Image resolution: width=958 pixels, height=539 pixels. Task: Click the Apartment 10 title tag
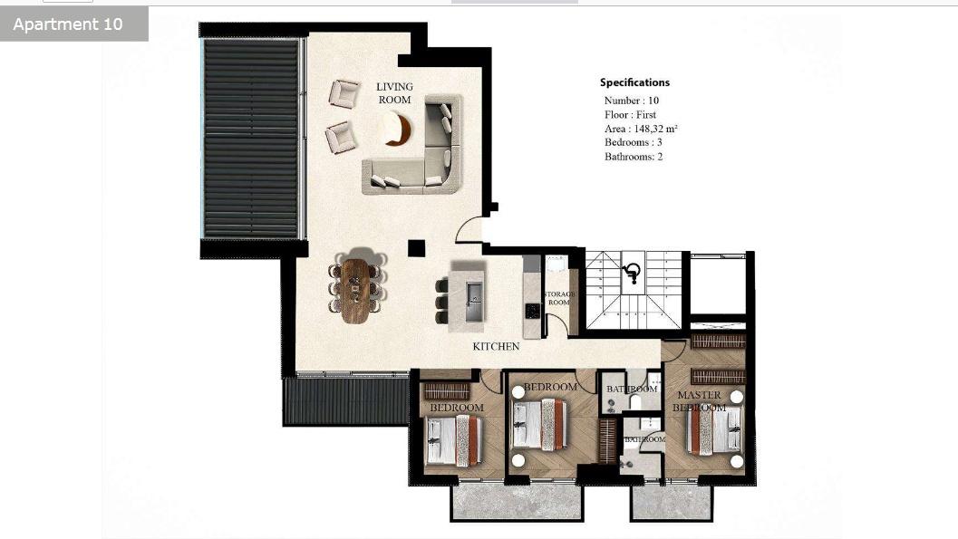click(x=69, y=24)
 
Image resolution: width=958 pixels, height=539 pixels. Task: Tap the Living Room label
click(x=394, y=93)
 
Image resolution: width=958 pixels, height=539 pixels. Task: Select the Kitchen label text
click(x=496, y=346)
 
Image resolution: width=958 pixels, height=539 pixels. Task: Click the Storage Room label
click(x=559, y=298)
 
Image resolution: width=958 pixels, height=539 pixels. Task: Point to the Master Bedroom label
click(x=700, y=401)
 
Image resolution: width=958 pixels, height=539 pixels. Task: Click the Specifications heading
click(x=634, y=82)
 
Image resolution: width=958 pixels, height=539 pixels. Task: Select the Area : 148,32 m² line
click(x=641, y=129)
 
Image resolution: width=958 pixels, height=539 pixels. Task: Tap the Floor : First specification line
click(x=631, y=115)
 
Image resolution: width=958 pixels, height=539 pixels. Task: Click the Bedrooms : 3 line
click(x=634, y=142)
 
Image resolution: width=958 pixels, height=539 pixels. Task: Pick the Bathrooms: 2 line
click(x=634, y=157)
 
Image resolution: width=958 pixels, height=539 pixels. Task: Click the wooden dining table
click(x=355, y=290)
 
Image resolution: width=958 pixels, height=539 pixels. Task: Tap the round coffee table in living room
click(x=395, y=129)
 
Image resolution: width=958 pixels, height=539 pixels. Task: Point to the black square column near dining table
click(x=416, y=248)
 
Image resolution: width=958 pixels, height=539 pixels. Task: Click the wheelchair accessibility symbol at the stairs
click(x=633, y=273)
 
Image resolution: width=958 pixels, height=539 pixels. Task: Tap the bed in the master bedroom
click(x=713, y=429)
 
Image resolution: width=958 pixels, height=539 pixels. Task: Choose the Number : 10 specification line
click(x=632, y=101)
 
